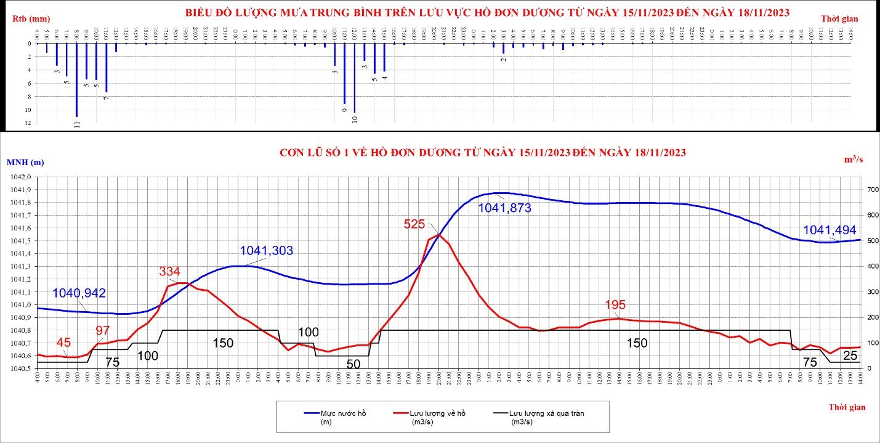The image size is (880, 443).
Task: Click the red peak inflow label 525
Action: (x=414, y=224)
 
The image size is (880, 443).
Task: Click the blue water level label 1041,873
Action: (x=504, y=208)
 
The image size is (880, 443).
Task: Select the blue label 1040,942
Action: (x=79, y=293)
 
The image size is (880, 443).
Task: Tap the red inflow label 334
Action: (x=170, y=271)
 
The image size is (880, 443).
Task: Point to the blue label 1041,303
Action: (x=266, y=251)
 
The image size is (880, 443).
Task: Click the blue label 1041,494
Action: (x=830, y=230)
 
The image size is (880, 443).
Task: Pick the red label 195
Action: (x=615, y=304)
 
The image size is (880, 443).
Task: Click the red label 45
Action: (x=63, y=343)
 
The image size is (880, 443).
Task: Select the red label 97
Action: (x=103, y=330)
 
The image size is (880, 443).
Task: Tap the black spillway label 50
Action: (x=353, y=364)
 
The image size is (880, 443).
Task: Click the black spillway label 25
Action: (x=850, y=356)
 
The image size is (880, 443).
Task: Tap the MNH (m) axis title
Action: (x=25, y=162)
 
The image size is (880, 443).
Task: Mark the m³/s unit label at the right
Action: (x=854, y=160)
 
